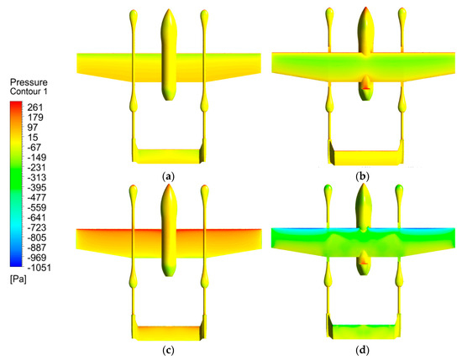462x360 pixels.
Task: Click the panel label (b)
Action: [365, 178]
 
